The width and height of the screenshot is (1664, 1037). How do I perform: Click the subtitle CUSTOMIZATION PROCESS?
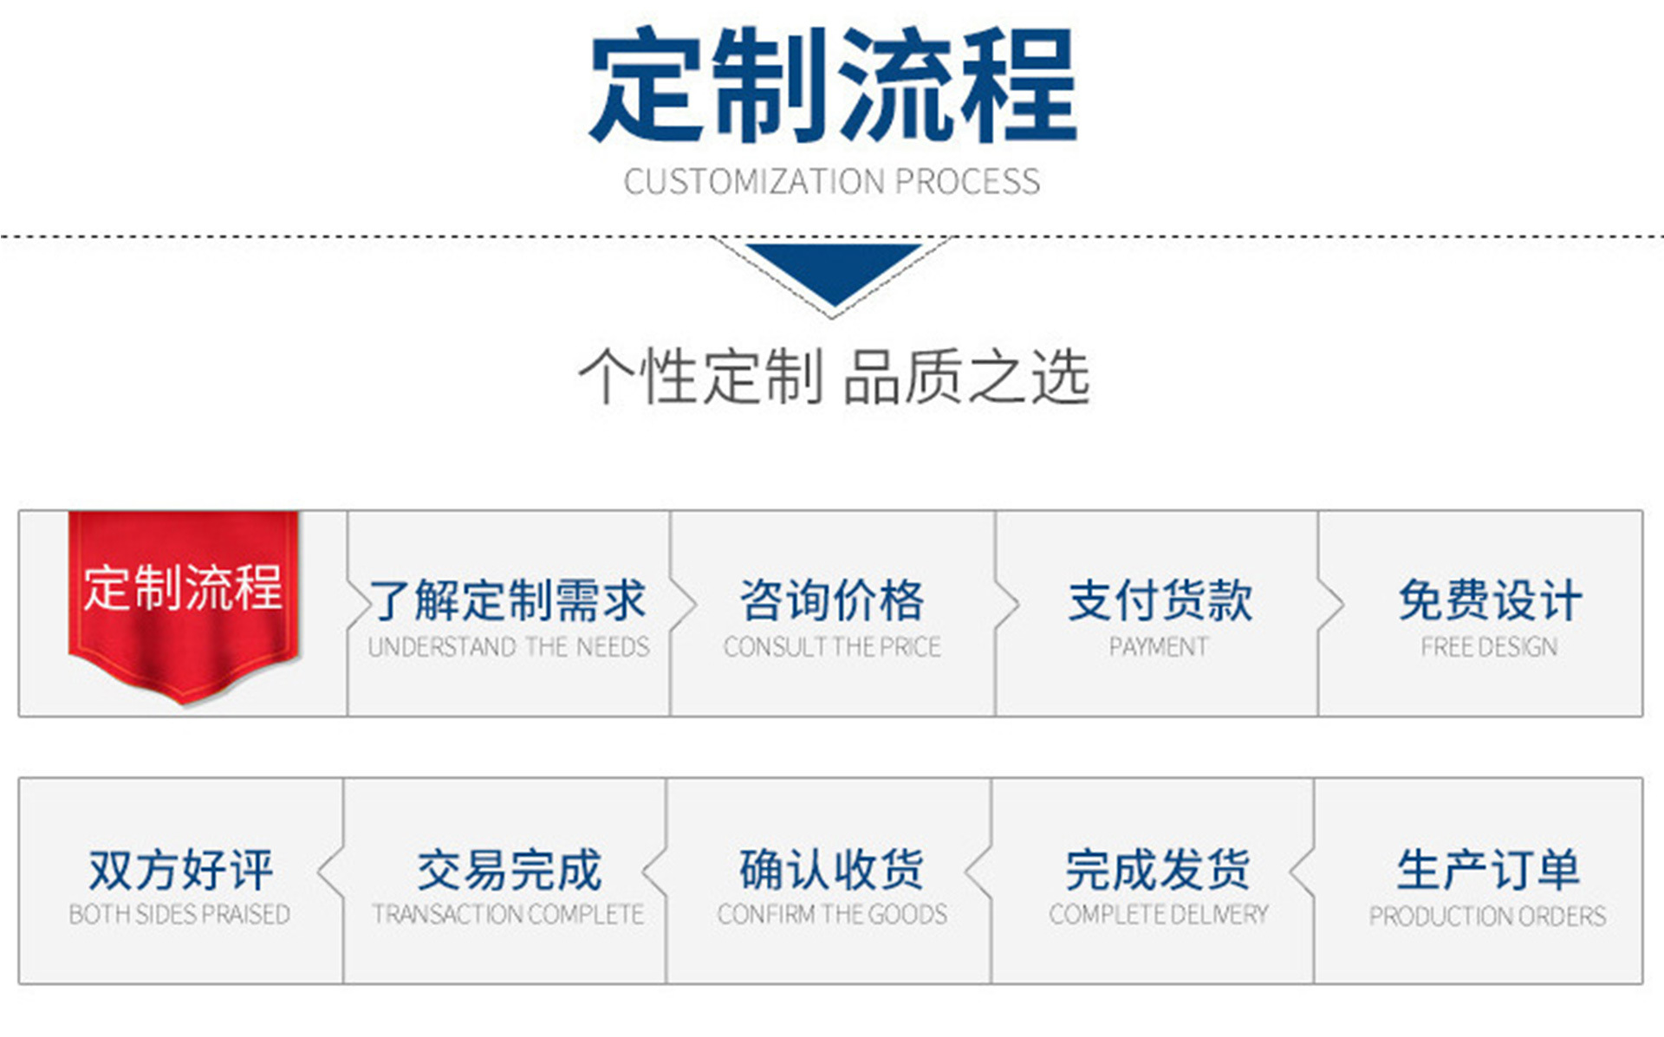[x=832, y=182]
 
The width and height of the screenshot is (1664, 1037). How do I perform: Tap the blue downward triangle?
[x=833, y=269]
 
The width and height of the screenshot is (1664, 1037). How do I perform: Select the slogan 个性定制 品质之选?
[x=833, y=377]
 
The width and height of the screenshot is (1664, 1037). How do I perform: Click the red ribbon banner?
[x=184, y=602]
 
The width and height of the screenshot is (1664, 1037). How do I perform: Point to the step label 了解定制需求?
[x=509, y=600]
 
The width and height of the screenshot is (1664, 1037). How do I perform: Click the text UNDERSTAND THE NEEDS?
[x=509, y=647]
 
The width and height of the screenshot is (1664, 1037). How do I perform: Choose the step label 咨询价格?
[x=832, y=600]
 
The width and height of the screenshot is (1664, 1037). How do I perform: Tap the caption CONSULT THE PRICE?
[x=832, y=647]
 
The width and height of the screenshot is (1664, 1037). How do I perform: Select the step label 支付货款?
[x=1160, y=600]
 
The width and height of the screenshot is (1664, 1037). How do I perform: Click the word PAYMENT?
[x=1159, y=647]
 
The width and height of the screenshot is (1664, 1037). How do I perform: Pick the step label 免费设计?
[x=1490, y=600]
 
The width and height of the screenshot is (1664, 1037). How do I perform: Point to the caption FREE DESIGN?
[x=1489, y=647]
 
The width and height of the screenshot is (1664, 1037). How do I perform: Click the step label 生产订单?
[x=1488, y=870]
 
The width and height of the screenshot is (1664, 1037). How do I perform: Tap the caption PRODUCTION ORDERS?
[x=1487, y=916]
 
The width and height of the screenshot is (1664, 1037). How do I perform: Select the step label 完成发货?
[x=1158, y=870]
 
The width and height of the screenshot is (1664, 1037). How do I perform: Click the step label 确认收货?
[x=832, y=870]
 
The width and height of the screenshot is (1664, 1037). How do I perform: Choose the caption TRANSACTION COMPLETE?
[x=508, y=915]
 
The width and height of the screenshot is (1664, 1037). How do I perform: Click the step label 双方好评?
[x=180, y=870]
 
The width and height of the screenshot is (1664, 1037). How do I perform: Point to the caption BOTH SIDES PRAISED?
[x=179, y=915]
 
